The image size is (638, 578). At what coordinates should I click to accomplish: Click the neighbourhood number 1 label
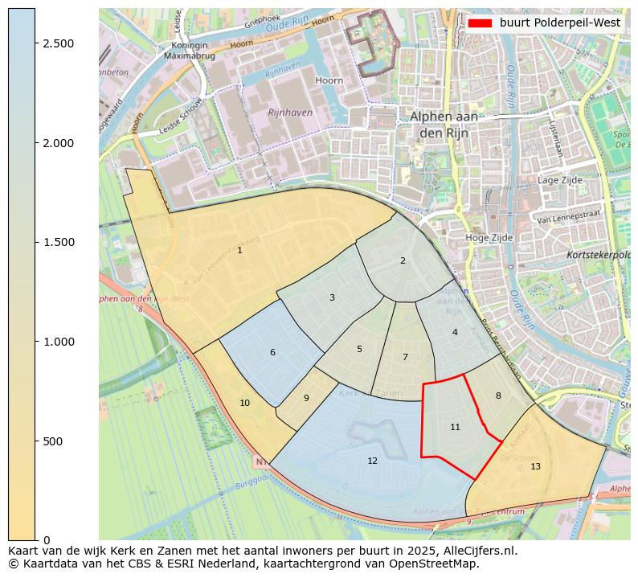click(239, 251)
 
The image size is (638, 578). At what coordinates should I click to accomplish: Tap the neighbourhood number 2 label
click(403, 260)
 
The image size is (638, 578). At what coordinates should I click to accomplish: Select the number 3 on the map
click(332, 297)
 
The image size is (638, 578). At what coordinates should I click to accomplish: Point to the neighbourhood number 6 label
click(272, 352)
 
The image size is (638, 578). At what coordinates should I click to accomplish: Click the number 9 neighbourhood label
click(306, 398)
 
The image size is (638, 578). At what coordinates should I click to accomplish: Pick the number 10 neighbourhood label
click(244, 403)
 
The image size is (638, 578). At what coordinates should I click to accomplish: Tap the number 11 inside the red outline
click(455, 427)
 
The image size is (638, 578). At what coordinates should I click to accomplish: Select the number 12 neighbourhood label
click(372, 461)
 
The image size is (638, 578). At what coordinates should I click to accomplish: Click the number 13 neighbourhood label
click(535, 466)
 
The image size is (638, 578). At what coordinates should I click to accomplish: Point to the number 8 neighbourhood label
click(498, 396)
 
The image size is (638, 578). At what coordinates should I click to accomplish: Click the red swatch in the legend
click(481, 23)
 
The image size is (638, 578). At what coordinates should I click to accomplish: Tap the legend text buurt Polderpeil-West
click(559, 23)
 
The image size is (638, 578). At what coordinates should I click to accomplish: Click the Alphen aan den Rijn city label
click(444, 124)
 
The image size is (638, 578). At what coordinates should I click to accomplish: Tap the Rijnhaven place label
click(290, 113)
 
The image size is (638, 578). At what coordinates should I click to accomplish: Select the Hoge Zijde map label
click(489, 238)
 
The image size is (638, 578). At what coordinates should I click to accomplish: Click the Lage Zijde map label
click(559, 181)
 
